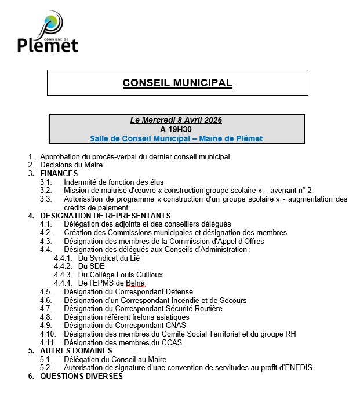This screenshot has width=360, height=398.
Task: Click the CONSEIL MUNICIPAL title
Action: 177,83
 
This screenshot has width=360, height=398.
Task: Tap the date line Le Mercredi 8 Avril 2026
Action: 176,121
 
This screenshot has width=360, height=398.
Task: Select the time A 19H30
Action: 176,129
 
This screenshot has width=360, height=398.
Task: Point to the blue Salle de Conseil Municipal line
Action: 176,138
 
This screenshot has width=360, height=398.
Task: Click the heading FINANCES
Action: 59,173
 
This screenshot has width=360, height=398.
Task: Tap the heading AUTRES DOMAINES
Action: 76,350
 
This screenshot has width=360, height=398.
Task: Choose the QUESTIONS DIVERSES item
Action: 81,376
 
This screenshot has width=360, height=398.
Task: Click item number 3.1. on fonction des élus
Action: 46,182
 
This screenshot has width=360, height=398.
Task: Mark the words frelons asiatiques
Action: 159,317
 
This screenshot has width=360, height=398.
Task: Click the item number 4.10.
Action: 48,334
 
